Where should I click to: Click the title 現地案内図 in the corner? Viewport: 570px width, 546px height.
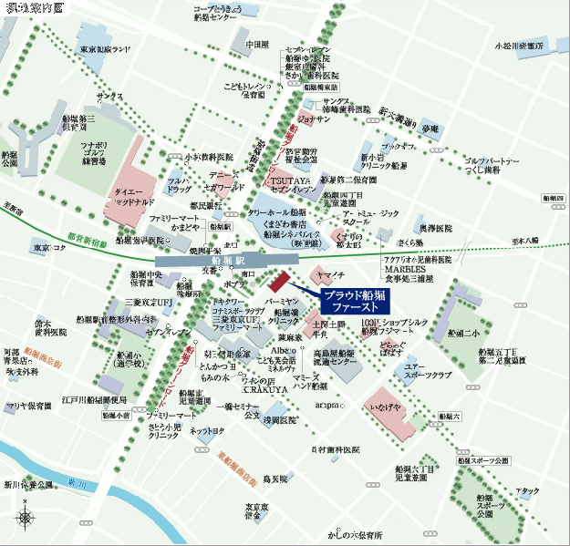click(34, 8)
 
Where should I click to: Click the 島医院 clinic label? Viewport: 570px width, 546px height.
click(275, 478)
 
